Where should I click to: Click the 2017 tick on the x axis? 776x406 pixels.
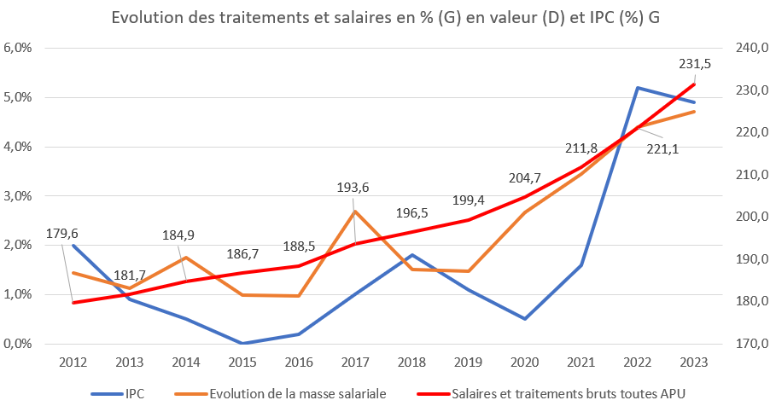[x=355, y=362]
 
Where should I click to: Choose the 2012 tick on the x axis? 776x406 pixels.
[x=73, y=362]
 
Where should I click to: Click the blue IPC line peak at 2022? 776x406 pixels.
[x=637, y=88]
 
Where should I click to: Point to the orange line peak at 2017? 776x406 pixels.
[x=355, y=211]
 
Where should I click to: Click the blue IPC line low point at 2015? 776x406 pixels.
[x=242, y=344]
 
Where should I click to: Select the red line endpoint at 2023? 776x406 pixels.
[x=694, y=84]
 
